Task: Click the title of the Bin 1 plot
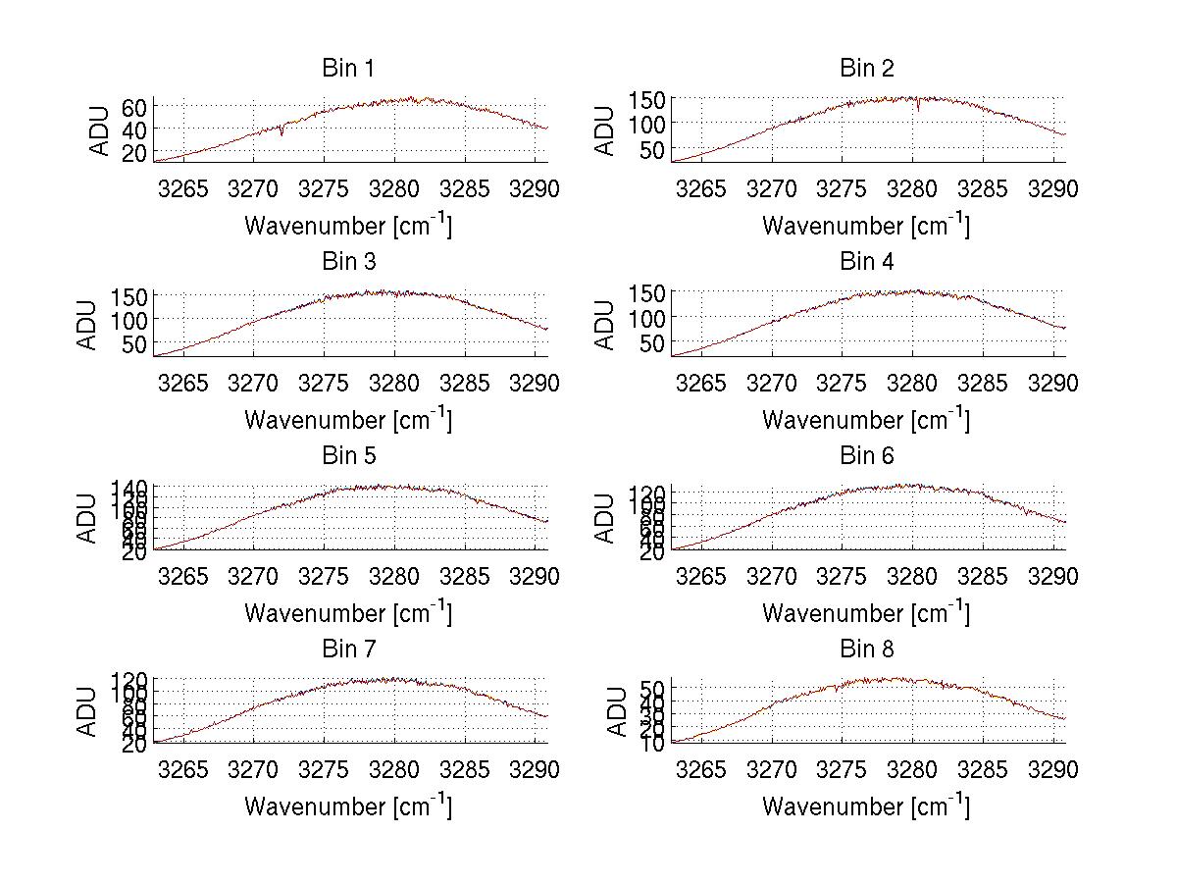(348, 69)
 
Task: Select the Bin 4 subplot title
(867, 262)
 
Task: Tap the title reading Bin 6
(867, 455)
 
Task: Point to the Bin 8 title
(867, 650)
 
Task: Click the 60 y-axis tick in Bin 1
(134, 107)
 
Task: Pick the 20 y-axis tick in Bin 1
(134, 152)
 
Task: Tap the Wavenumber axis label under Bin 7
(348, 806)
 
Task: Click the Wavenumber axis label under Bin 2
(867, 226)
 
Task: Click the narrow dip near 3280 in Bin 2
(918, 107)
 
